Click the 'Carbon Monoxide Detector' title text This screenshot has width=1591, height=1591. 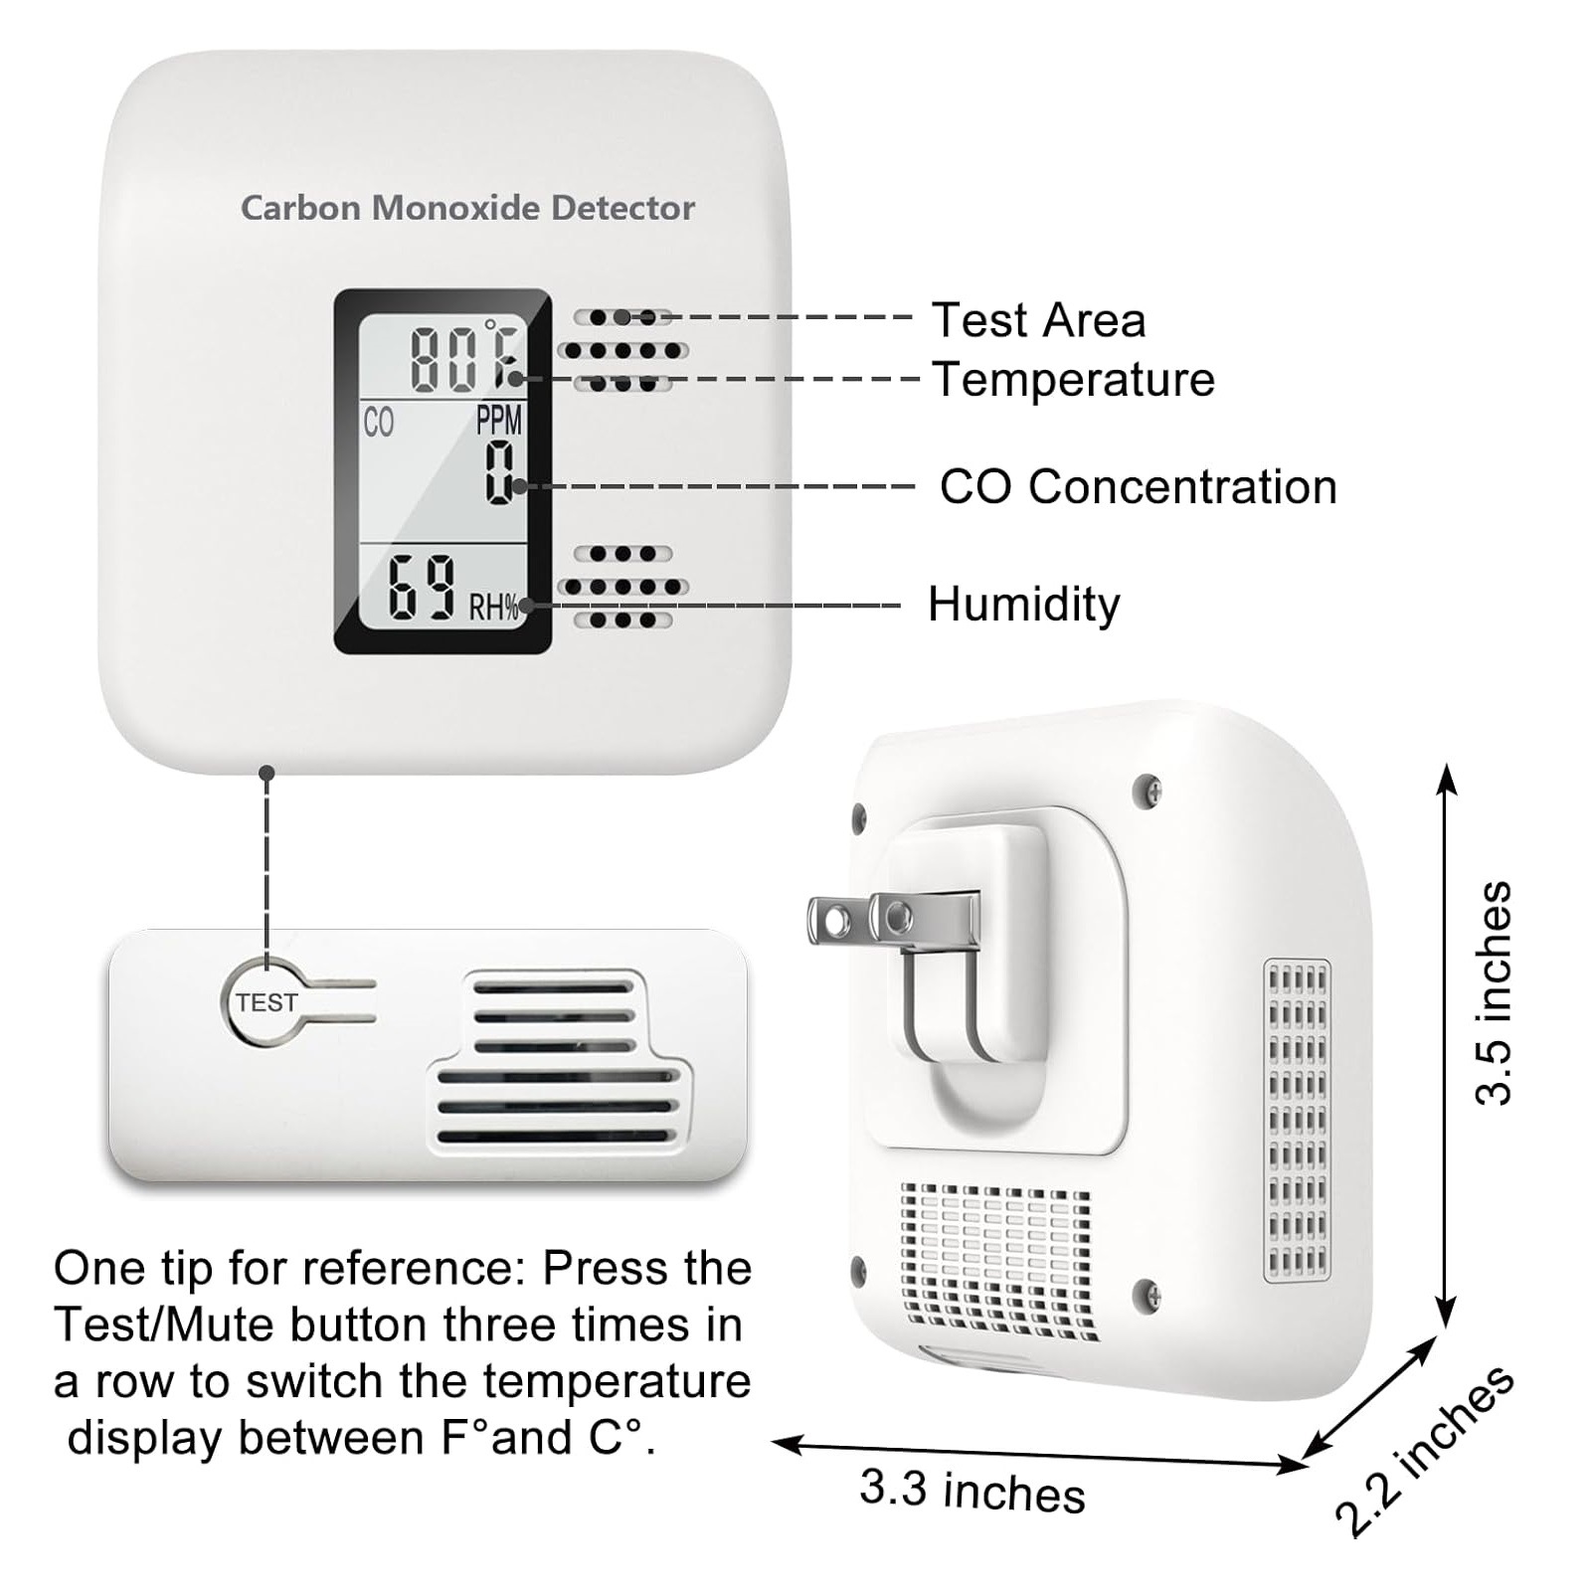(x=467, y=208)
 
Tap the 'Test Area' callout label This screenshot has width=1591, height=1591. (x=1038, y=320)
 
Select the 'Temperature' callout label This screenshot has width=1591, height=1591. (x=1073, y=380)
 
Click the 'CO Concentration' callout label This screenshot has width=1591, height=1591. (x=1138, y=487)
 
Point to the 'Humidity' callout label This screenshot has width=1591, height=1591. (x=1023, y=604)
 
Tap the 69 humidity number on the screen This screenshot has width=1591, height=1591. (x=422, y=589)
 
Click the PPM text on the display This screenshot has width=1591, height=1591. (x=498, y=421)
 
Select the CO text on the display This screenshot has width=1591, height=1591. (x=379, y=423)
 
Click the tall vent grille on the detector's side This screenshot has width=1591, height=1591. (x=1297, y=1120)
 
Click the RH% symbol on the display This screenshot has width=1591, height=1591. (x=494, y=607)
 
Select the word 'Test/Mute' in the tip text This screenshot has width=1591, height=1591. (x=163, y=1326)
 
